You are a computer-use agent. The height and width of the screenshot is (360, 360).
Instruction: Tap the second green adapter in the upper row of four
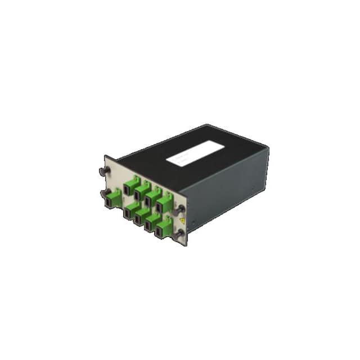(x=141, y=192)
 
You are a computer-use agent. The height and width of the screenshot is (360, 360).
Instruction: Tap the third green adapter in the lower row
(x=152, y=224)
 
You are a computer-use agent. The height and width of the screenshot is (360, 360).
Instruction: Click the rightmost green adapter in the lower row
(x=164, y=230)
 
